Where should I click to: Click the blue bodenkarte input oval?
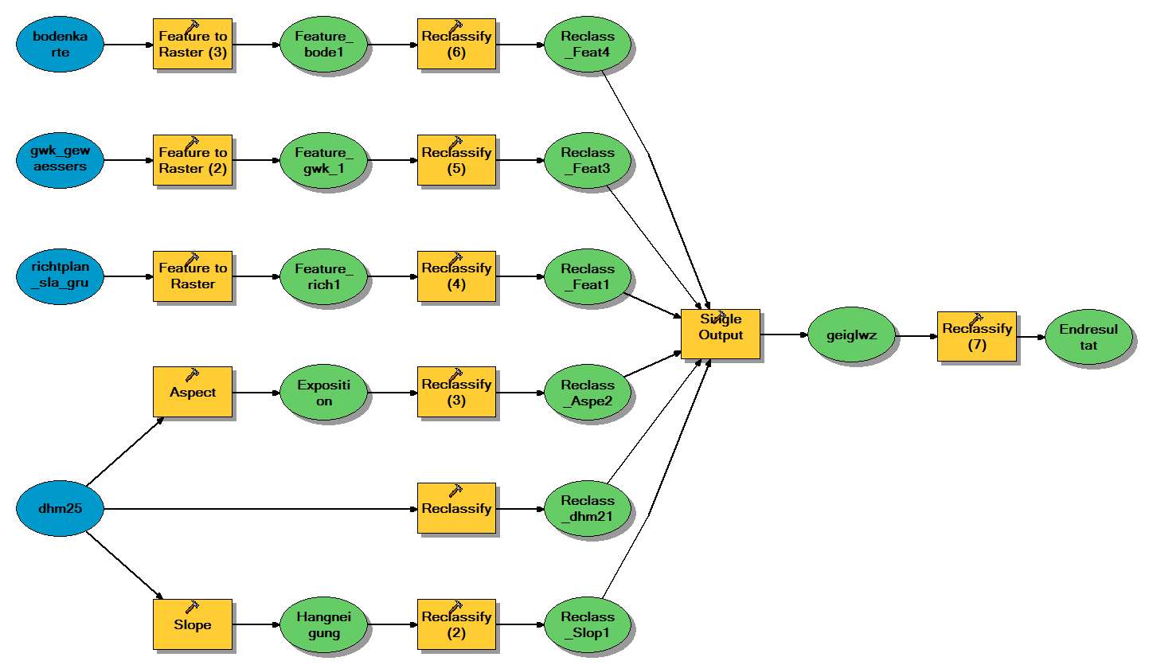coord(61,45)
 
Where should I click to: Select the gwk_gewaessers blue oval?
coord(61,161)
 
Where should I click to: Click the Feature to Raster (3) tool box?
coord(193,45)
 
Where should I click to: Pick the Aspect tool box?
coord(193,393)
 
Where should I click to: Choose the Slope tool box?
coord(193,625)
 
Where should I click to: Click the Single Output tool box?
coord(720,334)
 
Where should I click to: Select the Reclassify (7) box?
coord(976,335)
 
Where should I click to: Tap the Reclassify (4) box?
coord(456,276)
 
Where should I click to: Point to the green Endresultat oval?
coord(1088,335)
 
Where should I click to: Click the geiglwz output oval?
coord(850,335)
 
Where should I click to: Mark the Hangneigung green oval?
coord(324,625)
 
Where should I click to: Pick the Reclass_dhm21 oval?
coord(588,509)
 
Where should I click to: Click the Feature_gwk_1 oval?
coord(324,161)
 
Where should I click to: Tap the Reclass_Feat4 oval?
coord(588,45)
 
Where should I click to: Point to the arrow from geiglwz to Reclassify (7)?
coord(916,335)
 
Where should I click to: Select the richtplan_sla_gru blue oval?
coord(61,276)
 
